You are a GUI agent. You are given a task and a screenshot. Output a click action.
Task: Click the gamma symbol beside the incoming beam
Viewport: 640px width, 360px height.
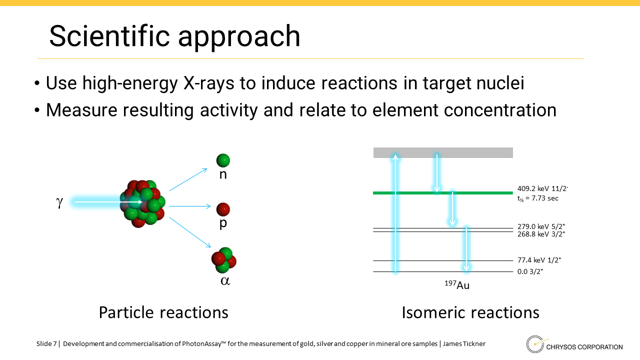coord(59,202)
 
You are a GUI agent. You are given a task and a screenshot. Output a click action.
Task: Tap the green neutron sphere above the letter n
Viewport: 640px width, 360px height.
coord(223,160)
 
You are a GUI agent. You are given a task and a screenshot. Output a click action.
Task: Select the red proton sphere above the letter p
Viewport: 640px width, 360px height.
coord(223,209)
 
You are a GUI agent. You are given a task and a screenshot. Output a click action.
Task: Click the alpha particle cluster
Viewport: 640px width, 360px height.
coord(223,260)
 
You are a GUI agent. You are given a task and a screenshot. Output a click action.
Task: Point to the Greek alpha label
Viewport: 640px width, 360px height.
coord(225,281)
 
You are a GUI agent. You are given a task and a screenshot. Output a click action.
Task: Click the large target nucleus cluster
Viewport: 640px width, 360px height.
coord(142,203)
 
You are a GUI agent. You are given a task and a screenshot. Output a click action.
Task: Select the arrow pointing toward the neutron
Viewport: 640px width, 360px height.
coord(188,179)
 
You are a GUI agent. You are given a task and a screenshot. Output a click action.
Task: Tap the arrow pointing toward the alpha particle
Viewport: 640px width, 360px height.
coord(190,232)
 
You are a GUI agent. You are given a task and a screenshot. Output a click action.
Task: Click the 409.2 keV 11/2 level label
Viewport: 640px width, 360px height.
coord(543,188)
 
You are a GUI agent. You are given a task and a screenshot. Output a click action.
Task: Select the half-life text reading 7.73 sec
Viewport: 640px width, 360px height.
coord(537,198)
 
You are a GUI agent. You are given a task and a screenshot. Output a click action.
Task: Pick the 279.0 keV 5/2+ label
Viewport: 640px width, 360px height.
coord(541,226)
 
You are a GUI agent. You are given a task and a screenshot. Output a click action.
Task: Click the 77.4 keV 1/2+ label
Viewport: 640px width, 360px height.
coord(539,260)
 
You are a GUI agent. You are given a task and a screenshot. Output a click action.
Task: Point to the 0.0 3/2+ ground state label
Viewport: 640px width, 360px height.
coord(530,271)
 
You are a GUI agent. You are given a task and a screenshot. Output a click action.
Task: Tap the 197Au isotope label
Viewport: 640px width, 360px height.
coord(457,285)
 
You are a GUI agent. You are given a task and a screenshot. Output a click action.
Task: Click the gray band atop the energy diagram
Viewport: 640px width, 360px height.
coord(443,152)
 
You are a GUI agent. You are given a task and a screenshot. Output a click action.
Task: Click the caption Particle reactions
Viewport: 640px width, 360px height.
coord(163,312)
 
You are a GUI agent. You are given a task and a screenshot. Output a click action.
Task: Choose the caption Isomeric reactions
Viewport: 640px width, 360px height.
coord(470,312)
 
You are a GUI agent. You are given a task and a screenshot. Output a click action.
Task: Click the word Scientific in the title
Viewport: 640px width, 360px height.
coord(109,36)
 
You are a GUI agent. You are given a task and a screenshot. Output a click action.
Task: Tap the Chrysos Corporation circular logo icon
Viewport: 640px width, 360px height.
coord(535,344)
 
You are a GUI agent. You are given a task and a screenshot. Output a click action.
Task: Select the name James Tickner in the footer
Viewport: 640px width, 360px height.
coord(464,343)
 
